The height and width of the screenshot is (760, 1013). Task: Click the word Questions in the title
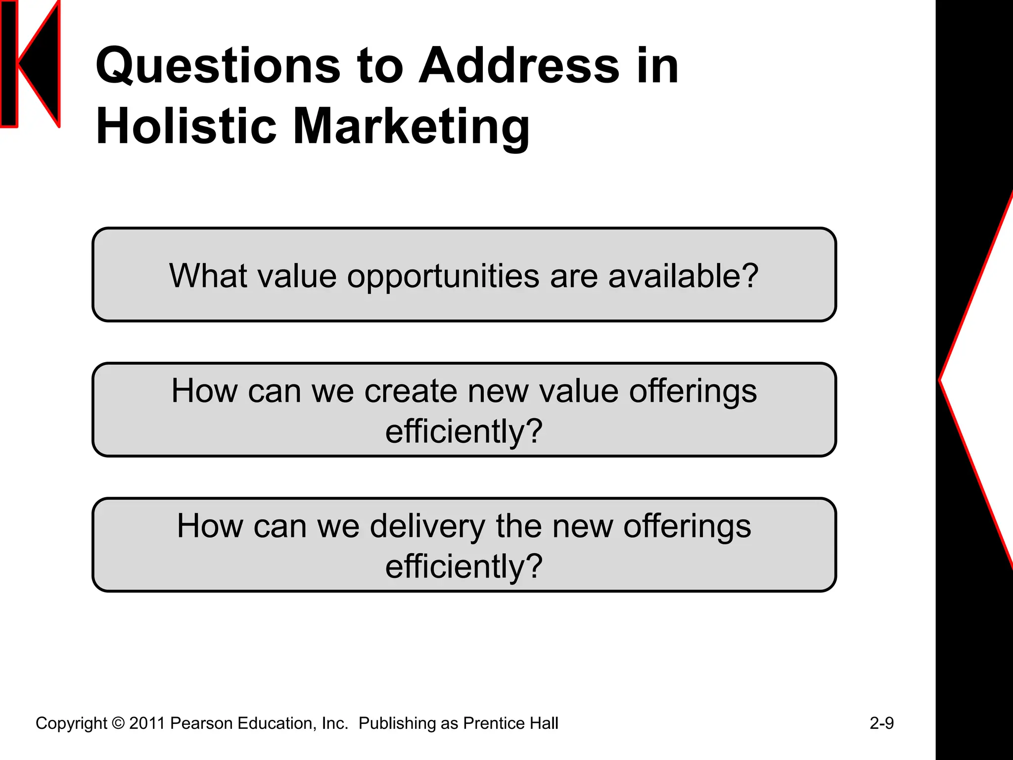[218, 66]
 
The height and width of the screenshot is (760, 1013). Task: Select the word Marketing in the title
[412, 128]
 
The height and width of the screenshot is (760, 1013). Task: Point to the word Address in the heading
[519, 66]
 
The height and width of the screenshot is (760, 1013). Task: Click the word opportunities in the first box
[443, 277]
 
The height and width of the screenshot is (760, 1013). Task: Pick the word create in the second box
[411, 391]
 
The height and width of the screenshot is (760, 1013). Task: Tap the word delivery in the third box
[428, 526]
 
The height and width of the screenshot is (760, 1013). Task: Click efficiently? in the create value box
[464, 431]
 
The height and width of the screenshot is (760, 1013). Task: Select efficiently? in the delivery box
[464, 567]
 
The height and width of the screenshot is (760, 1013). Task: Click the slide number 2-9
[881, 723]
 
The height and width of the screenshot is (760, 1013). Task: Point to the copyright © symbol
[118, 723]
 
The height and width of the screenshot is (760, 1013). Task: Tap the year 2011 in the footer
[147, 723]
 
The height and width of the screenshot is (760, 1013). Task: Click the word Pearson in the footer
[201, 723]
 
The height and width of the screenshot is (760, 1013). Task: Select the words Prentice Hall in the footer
[510, 723]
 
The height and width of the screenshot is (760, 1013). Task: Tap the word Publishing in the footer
[397, 724]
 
